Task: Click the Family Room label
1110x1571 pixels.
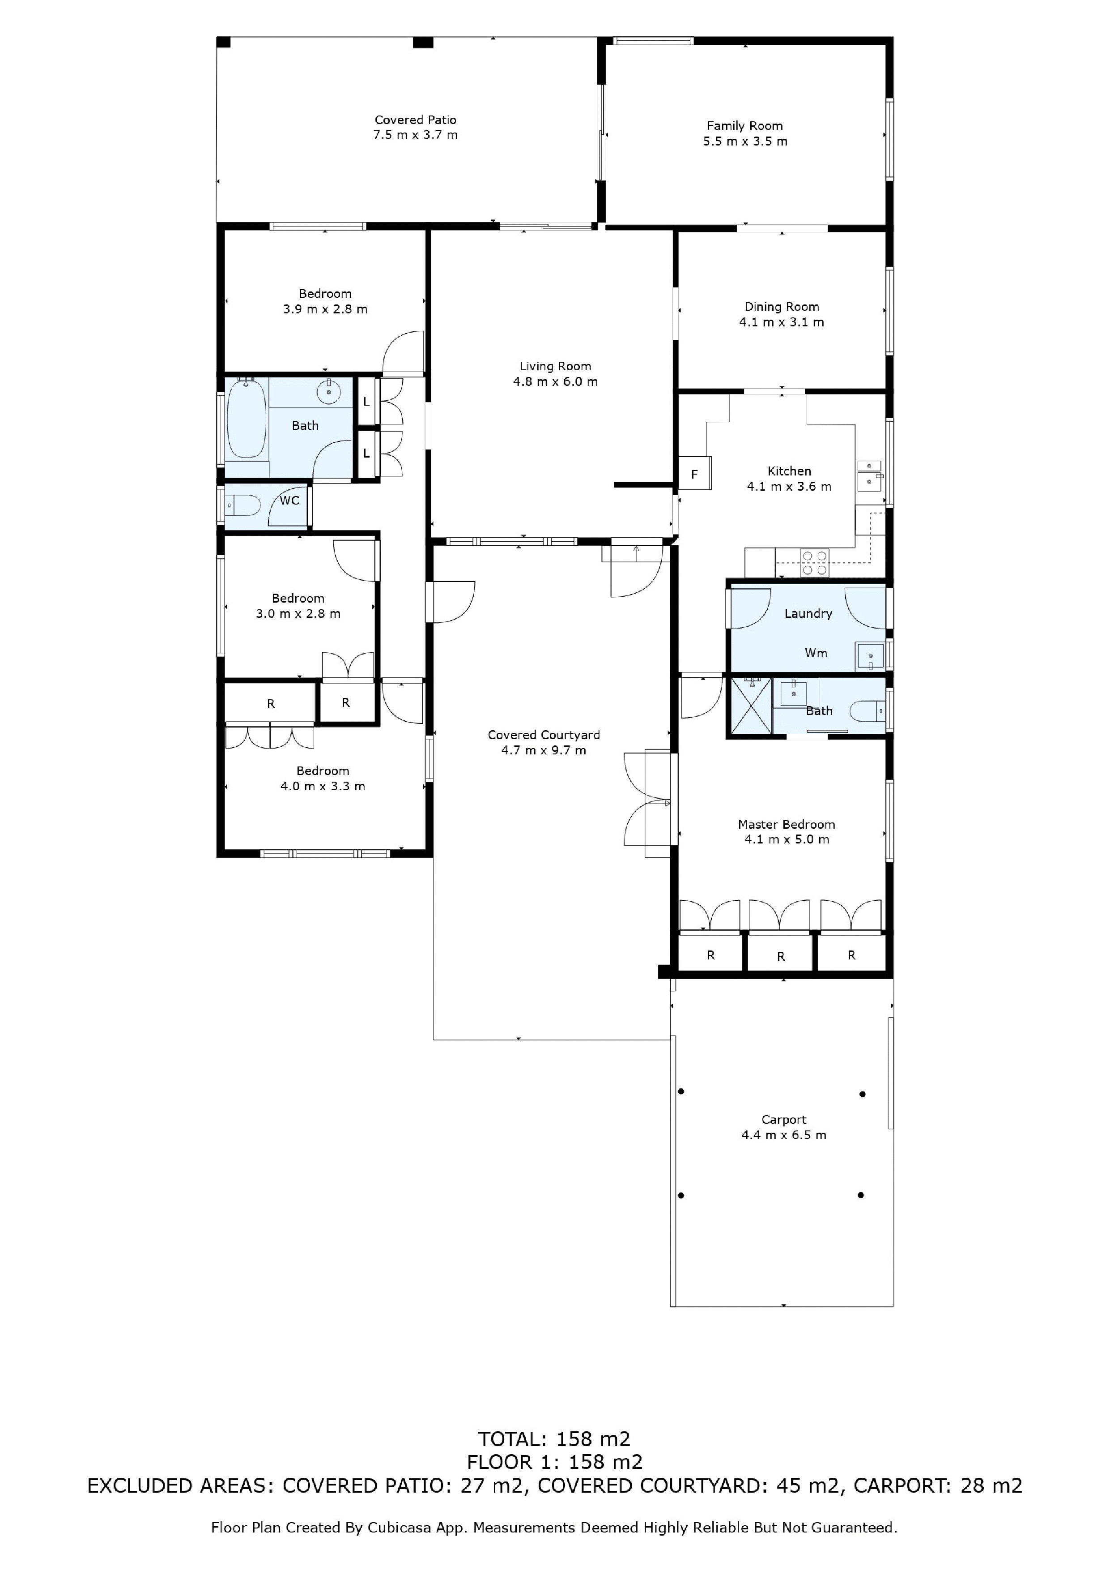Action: (745, 126)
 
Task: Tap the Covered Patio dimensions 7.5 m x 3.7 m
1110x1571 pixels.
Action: (415, 135)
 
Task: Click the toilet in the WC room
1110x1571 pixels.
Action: (243, 506)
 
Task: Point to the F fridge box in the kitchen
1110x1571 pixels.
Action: (695, 474)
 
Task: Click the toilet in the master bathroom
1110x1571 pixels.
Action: (868, 711)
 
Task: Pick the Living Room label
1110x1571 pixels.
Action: (555, 367)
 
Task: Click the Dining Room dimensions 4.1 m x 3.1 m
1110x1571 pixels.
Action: (782, 322)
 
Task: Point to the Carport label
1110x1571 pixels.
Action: (784, 1120)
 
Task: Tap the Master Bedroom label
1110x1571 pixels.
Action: (787, 825)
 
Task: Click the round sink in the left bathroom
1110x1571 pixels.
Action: (329, 391)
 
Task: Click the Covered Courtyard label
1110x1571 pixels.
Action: (544, 735)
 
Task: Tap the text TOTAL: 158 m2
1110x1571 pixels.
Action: (554, 1439)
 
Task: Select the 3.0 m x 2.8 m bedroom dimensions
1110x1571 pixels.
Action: (298, 614)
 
